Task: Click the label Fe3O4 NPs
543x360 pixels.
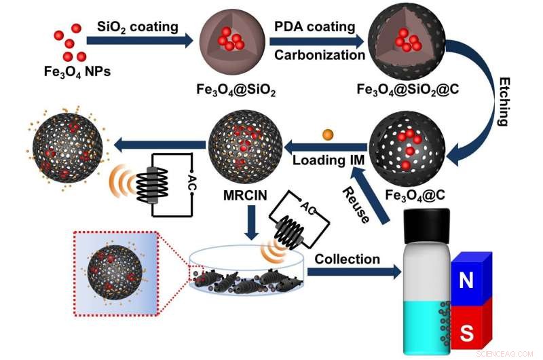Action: [x=67, y=70]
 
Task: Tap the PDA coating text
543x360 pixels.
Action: [x=314, y=26]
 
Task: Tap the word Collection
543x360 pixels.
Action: [x=347, y=259]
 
